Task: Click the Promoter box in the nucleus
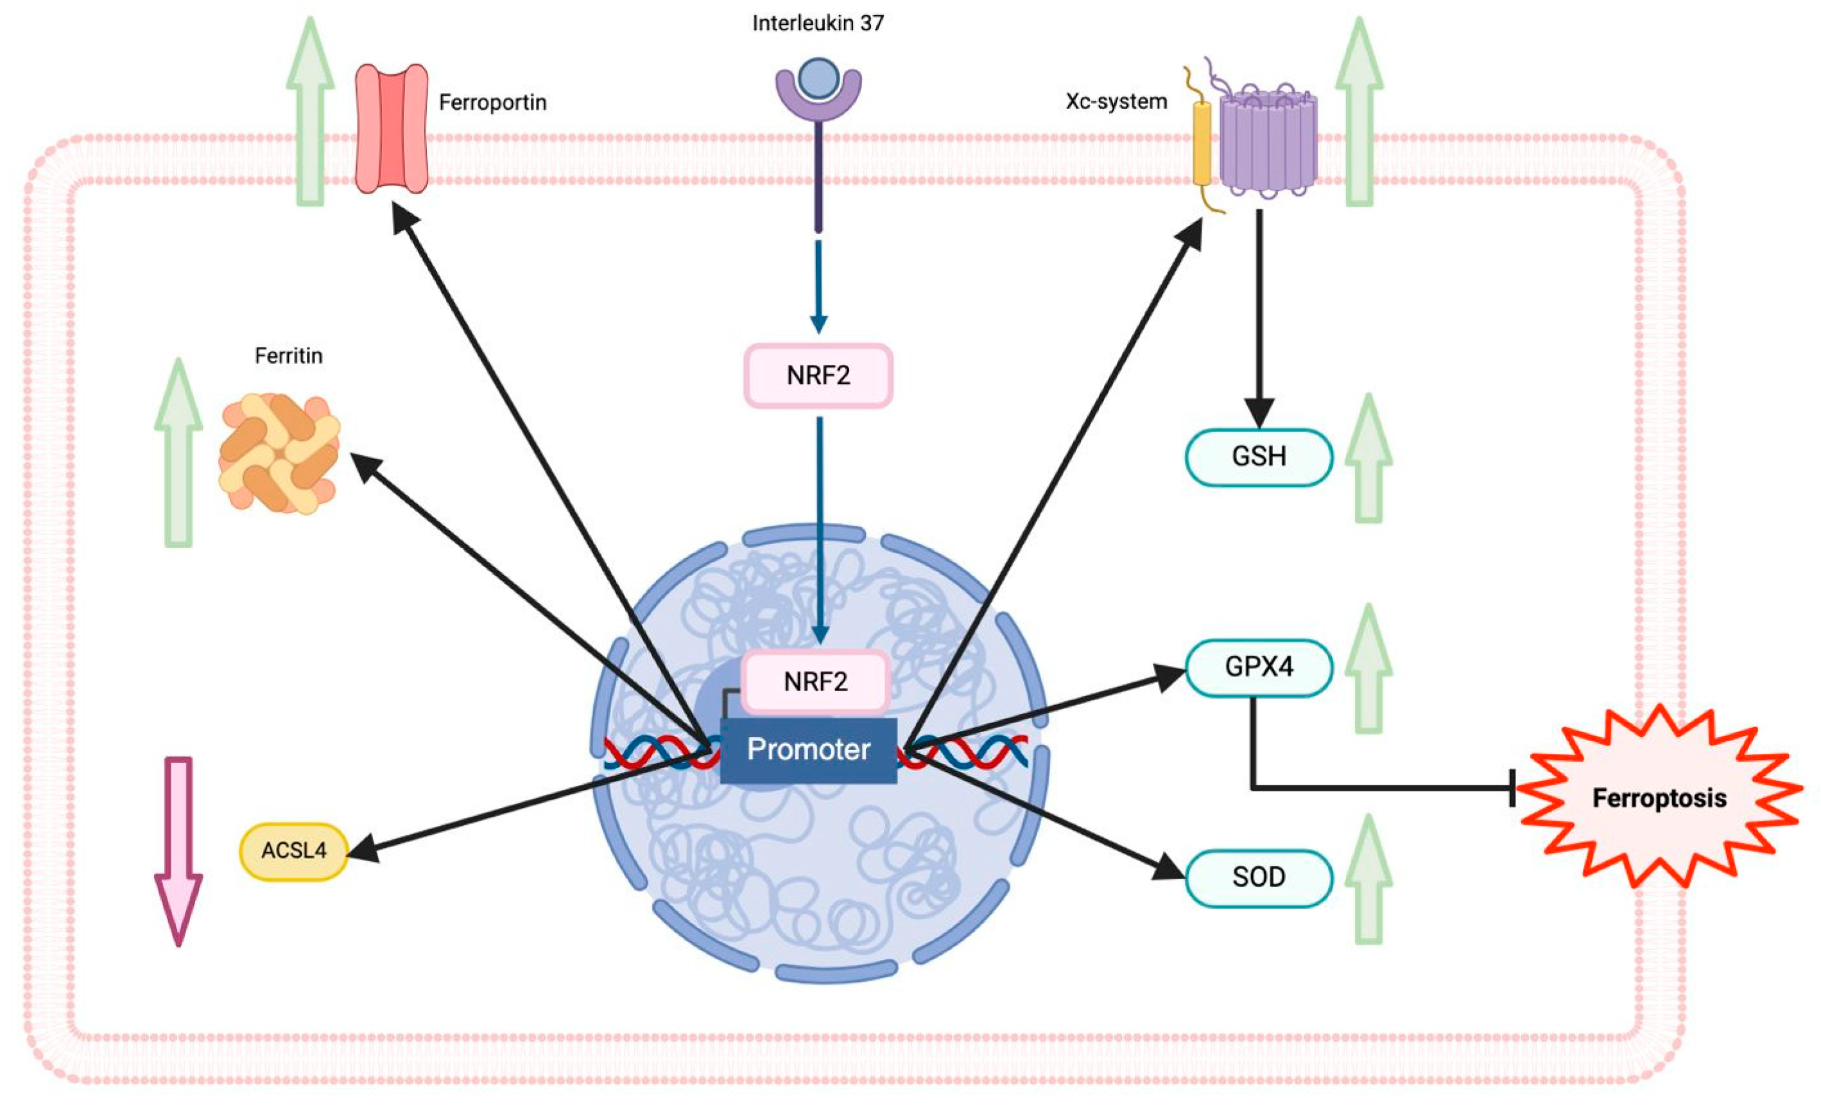[x=809, y=749]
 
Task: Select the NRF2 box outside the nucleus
[x=818, y=376]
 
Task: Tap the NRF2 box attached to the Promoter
[x=815, y=681]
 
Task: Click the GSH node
[x=1259, y=457]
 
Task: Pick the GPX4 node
[x=1259, y=667]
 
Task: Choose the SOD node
[x=1259, y=877]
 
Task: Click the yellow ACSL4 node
[x=293, y=851]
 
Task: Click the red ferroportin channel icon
[x=392, y=128]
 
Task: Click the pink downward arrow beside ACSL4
[x=178, y=850]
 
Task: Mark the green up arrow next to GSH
[x=1368, y=459]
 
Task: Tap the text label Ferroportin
[x=492, y=102]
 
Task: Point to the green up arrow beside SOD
[x=1368, y=880]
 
